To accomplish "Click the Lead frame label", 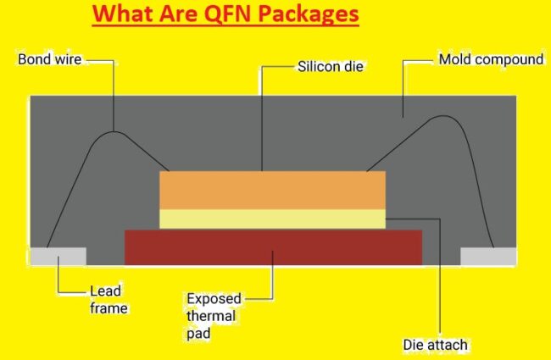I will pos(108,300).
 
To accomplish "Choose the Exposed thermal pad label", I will pos(214,316).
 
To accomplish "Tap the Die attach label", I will pos(436,345).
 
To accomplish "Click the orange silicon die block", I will pos(272,190).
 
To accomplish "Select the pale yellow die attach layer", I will pos(272,219).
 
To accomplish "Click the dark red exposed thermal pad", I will pos(273,246).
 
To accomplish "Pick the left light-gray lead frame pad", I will pos(58,256).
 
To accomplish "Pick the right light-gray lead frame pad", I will pos(487,256).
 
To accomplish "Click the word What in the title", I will pos(122,14).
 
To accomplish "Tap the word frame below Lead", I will pos(108,308).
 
